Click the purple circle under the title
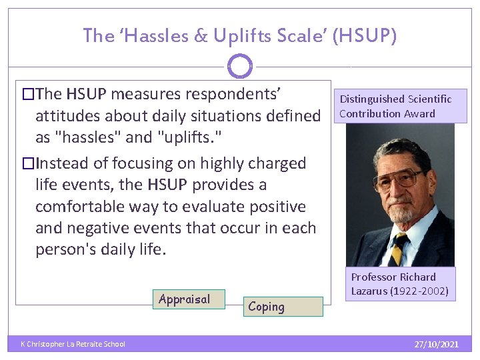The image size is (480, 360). [240, 66]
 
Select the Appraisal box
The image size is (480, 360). [189, 300]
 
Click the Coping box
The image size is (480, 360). [282, 307]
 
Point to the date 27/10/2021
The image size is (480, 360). [436, 344]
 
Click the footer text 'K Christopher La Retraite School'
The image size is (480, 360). [73, 344]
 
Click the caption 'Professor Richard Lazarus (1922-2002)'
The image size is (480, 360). [399, 284]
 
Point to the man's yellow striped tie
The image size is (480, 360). [399, 250]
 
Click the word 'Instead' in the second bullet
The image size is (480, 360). [59, 163]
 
